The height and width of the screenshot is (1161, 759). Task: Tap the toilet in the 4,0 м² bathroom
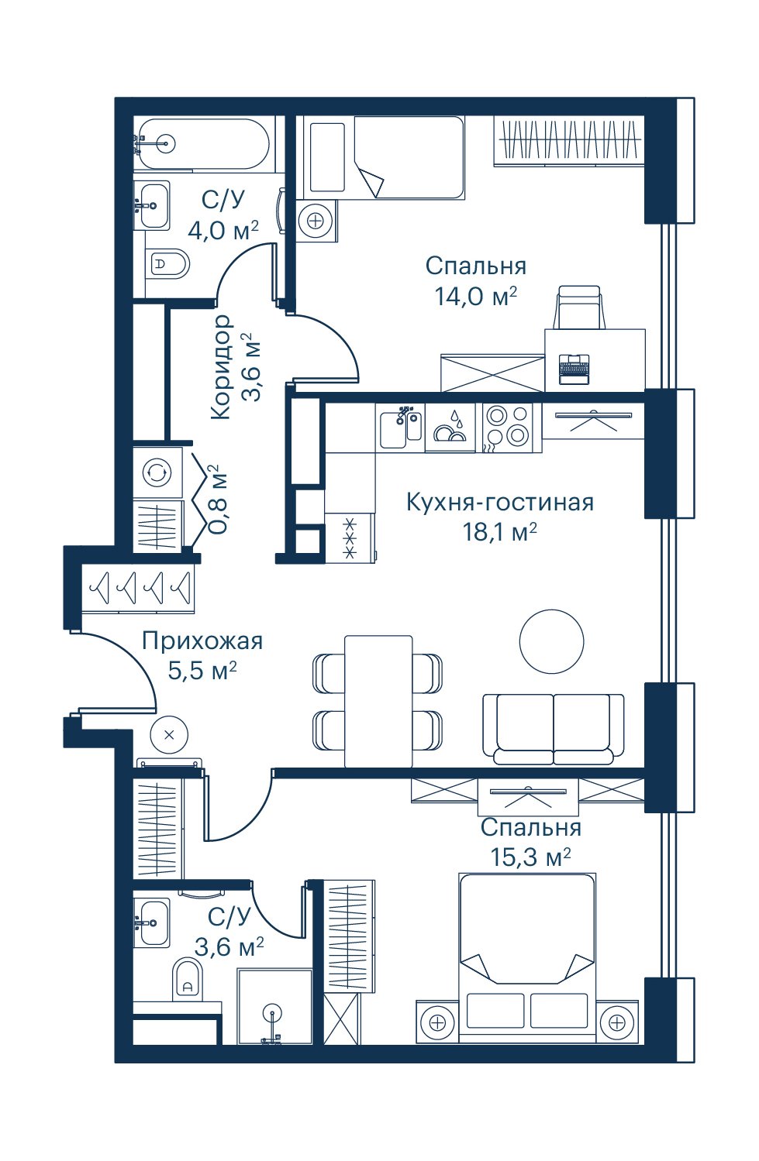(x=167, y=264)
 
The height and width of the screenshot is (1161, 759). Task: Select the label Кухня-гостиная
(x=499, y=502)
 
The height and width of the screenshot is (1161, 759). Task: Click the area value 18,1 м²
(x=499, y=532)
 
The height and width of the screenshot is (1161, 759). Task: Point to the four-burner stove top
(x=507, y=424)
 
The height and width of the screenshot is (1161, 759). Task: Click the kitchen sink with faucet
(x=401, y=427)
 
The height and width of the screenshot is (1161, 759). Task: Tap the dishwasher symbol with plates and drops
(x=450, y=427)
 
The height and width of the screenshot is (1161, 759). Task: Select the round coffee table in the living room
(x=552, y=641)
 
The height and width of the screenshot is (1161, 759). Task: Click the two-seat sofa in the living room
(x=554, y=729)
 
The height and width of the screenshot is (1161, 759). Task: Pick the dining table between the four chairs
(x=378, y=701)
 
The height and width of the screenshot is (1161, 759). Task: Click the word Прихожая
(x=202, y=641)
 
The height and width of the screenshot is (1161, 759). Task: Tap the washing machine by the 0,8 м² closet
(x=157, y=472)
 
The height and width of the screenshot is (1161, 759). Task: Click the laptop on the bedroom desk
(x=574, y=369)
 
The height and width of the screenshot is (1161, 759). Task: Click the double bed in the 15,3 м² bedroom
(x=528, y=958)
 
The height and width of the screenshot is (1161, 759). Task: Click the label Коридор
(x=220, y=367)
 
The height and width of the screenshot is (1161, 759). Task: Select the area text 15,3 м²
(x=530, y=857)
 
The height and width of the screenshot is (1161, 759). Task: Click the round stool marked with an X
(x=168, y=734)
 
